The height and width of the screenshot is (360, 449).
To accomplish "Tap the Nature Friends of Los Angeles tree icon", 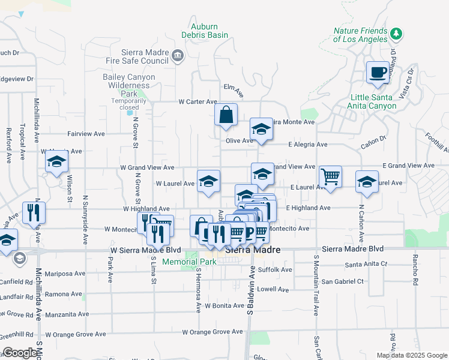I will pos(396,32).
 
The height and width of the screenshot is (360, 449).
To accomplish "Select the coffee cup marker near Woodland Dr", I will pos(378,73).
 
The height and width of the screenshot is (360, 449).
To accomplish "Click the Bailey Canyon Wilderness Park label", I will pos(128,85).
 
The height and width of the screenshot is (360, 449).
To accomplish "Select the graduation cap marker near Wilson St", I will pos(57,163).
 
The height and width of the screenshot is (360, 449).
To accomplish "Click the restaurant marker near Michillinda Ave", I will pos(34,213).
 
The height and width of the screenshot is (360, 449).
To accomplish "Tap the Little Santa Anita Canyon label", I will pos(373,101).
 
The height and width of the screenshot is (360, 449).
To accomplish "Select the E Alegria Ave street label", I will pos(307,145).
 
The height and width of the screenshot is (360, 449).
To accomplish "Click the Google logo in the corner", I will pos(20,353).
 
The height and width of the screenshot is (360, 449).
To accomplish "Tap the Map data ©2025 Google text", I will pos(411,355).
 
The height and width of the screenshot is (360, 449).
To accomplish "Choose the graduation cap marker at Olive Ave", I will pos(261,130).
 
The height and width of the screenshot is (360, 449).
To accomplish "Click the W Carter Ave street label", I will pos(197,102).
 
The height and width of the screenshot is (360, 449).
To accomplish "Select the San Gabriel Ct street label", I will pos(342,281).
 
